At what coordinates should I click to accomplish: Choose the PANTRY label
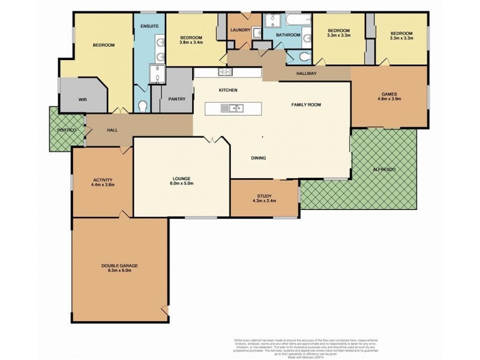[x=178, y=99]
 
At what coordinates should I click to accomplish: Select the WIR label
[x=83, y=100]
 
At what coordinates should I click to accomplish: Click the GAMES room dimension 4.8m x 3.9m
[x=389, y=100]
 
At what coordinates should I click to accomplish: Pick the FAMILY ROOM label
[x=307, y=104]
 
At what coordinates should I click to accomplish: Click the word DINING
[x=259, y=158]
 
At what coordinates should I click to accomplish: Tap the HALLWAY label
[x=307, y=74]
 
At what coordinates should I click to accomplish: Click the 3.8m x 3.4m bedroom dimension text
[x=191, y=42]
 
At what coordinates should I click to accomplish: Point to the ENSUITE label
[x=149, y=27]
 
